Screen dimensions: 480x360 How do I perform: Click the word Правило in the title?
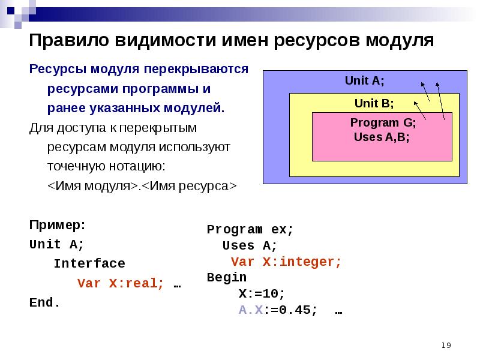click(x=67, y=41)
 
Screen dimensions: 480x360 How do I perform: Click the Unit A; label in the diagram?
click(x=364, y=80)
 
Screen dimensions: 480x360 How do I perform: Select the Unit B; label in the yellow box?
click(x=374, y=103)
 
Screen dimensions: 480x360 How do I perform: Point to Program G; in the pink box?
click(x=383, y=123)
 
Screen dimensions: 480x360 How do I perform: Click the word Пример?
click(x=57, y=226)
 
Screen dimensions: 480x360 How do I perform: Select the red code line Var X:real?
click(x=121, y=283)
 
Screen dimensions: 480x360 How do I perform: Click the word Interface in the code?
click(x=89, y=263)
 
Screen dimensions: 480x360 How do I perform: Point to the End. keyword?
click(x=45, y=302)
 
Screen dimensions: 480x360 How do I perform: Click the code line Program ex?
click(x=250, y=229)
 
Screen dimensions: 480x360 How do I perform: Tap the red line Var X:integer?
click(x=286, y=262)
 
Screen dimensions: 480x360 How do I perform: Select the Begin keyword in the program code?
click(x=226, y=277)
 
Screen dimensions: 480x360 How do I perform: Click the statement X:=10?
click(x=262, y=294)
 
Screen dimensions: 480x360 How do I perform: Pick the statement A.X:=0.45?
click(x=278, y=310)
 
